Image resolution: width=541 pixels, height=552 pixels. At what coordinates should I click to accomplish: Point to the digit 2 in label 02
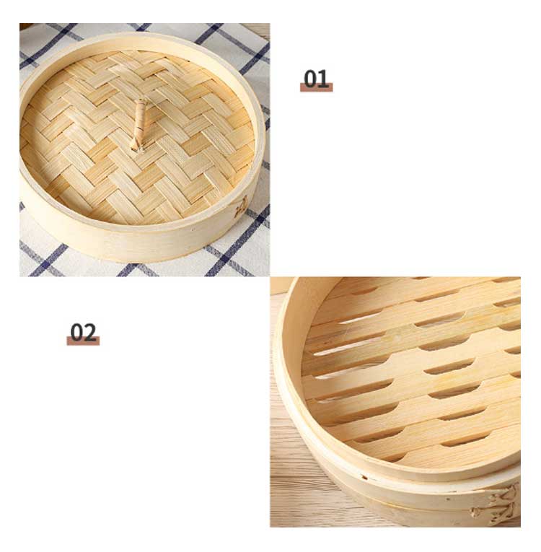[90, 333]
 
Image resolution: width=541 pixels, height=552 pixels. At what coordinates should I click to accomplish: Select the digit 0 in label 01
[310, 79]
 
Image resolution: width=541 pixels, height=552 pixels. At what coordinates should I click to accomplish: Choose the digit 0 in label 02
[77, 333]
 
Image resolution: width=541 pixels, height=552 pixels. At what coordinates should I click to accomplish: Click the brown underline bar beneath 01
[316, 87]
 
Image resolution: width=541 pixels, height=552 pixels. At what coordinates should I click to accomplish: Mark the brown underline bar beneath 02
[83, 341]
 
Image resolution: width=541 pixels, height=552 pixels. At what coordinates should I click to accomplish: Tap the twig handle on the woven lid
[138, 125]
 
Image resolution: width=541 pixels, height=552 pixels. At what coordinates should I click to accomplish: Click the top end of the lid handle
[141, 101]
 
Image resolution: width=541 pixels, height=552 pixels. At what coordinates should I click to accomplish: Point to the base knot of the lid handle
[136, 147]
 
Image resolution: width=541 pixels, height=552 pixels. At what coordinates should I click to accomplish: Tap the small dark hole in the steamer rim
[364, 478]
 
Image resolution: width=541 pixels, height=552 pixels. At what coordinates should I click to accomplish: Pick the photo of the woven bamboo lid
[145, 149]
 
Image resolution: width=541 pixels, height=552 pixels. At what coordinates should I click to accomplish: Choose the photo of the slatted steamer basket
[395, 402]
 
